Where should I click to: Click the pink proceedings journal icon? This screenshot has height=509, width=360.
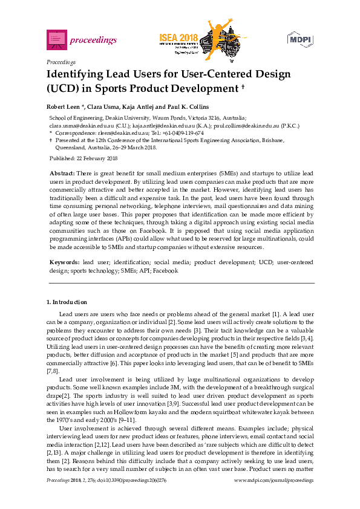(x=56, y=40)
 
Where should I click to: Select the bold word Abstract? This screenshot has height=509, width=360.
(x=62, y=173)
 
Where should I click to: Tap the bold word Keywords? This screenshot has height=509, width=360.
(x=64, y=263)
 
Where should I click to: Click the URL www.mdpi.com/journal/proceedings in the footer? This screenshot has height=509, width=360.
(x=273, y=479)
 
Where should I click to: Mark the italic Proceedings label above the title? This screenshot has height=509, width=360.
(x=61, y=62)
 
